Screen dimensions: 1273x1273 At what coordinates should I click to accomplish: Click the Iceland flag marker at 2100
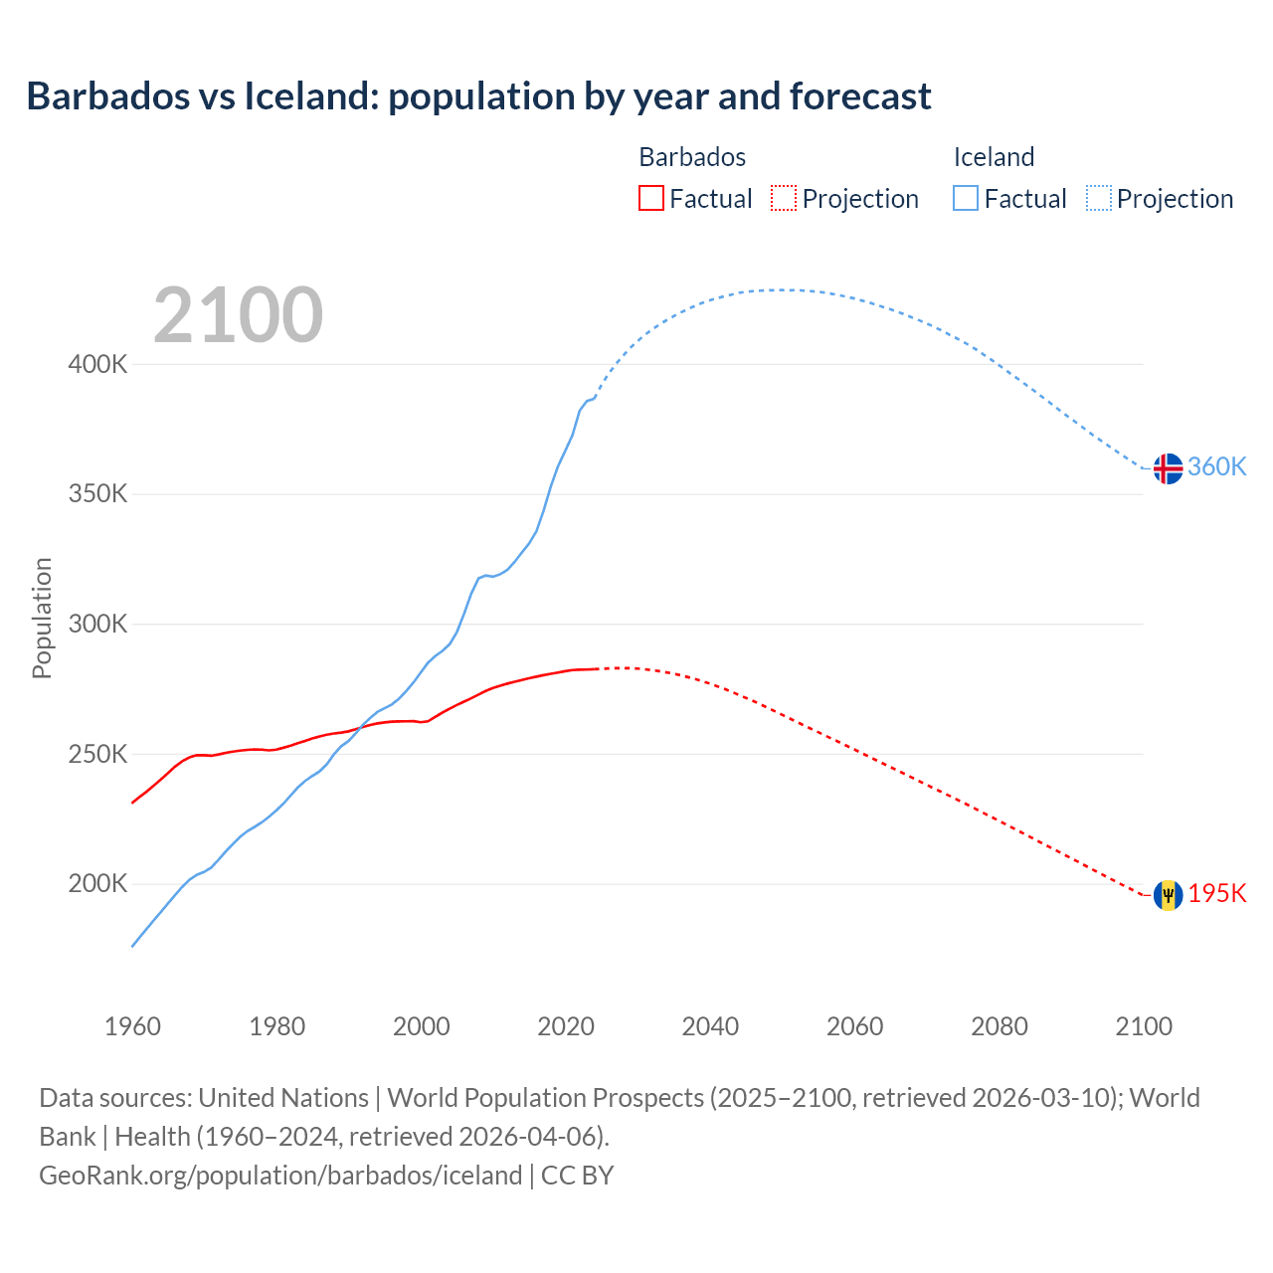[x=1168, y=467]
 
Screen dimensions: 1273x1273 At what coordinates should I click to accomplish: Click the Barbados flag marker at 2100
[x=1168, y=895]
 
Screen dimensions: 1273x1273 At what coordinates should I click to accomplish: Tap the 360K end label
[x=1217, y=466]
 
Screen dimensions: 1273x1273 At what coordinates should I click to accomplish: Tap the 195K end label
[x=1217, y=893]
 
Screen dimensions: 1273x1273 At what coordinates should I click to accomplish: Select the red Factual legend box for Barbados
[x=650, y=198]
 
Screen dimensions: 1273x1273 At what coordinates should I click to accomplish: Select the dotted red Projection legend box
[x=784, y=198]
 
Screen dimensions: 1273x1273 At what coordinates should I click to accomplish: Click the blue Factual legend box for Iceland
[x=965, y=198]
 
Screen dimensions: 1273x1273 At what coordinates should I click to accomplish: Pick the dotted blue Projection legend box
[x=1098, y=198]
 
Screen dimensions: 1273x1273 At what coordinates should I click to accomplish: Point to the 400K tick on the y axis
[x=98, y=364]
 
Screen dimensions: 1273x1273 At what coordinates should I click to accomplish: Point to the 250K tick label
[x=98, y=754]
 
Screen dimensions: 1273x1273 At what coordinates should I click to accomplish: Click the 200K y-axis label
[x=98, y=884]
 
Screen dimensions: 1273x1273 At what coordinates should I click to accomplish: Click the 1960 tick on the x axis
[x=132, y=1026]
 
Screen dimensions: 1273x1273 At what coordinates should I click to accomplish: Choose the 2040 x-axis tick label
[x=710, y=1026]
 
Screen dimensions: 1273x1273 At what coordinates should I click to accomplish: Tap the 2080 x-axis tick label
[x=999, y=1026]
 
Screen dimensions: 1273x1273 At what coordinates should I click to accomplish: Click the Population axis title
[x=42, y=618]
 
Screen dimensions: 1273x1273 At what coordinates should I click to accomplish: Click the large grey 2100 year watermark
[x=238, y=315]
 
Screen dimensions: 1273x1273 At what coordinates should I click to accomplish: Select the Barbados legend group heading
[x=692, y=157]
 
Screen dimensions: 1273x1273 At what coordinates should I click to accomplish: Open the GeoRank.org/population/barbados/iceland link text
[x=280, y=1175]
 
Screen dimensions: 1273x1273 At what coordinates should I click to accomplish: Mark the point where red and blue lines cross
[x=358, y=728]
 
